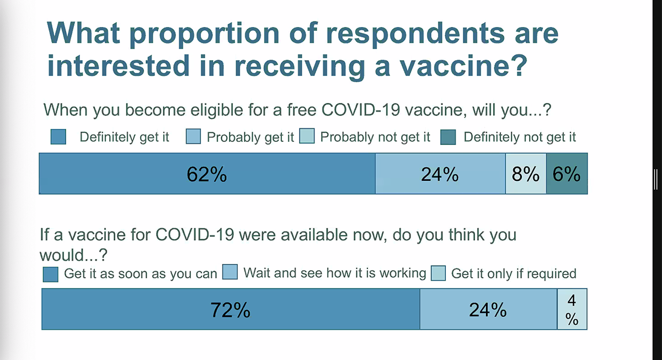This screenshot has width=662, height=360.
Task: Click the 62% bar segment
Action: (207, 174)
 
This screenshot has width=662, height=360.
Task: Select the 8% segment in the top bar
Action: (526, 174)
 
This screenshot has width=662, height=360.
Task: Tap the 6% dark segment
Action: (567, 174)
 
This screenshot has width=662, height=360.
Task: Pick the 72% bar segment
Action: (231, 309)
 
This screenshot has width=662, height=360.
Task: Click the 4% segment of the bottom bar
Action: (572, 309)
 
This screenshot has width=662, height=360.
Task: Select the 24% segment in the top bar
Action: (440, 174)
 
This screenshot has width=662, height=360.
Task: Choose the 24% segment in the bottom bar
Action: (489, 309)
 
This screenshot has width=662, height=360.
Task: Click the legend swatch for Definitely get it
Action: (58, 137)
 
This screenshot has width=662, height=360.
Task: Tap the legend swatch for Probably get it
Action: (193, 136)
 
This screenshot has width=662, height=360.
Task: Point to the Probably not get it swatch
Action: (307, 136)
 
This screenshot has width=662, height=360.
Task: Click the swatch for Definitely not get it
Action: (448, 137)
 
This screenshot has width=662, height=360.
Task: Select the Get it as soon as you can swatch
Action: (51, 275)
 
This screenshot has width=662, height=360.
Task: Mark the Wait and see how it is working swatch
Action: (230, 272)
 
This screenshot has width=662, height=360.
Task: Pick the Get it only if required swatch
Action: (438, 273)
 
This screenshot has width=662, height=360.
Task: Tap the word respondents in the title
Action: (415, 34)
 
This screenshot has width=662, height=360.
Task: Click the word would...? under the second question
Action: (73, 255)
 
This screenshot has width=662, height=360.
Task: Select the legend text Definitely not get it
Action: (520, 137)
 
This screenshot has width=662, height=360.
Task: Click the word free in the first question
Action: (302, 110)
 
